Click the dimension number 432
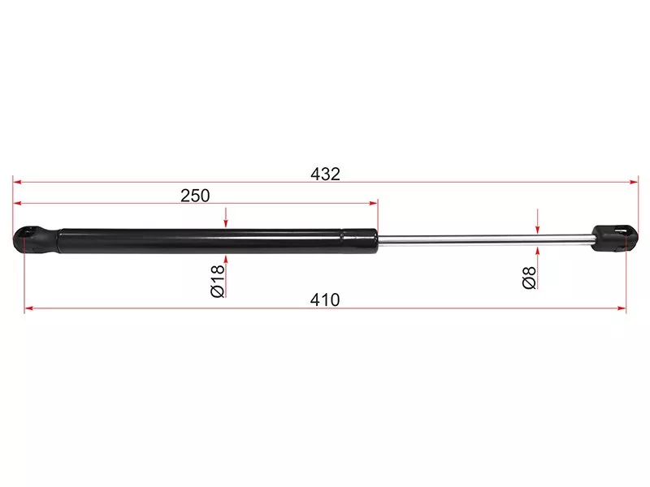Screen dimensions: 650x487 point(326,174)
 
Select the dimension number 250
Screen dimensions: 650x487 point(195,196)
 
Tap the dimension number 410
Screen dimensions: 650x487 point(325,300)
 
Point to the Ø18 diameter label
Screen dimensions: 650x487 point(218,281)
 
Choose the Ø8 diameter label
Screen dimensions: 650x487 point(530,278)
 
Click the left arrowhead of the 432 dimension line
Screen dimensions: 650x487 point(17,182)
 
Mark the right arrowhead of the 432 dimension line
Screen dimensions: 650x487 point(634,182)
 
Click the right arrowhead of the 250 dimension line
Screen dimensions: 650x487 point(374,204)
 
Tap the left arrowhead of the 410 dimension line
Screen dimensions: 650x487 point(28,308)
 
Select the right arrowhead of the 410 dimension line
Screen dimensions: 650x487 point(622,308)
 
